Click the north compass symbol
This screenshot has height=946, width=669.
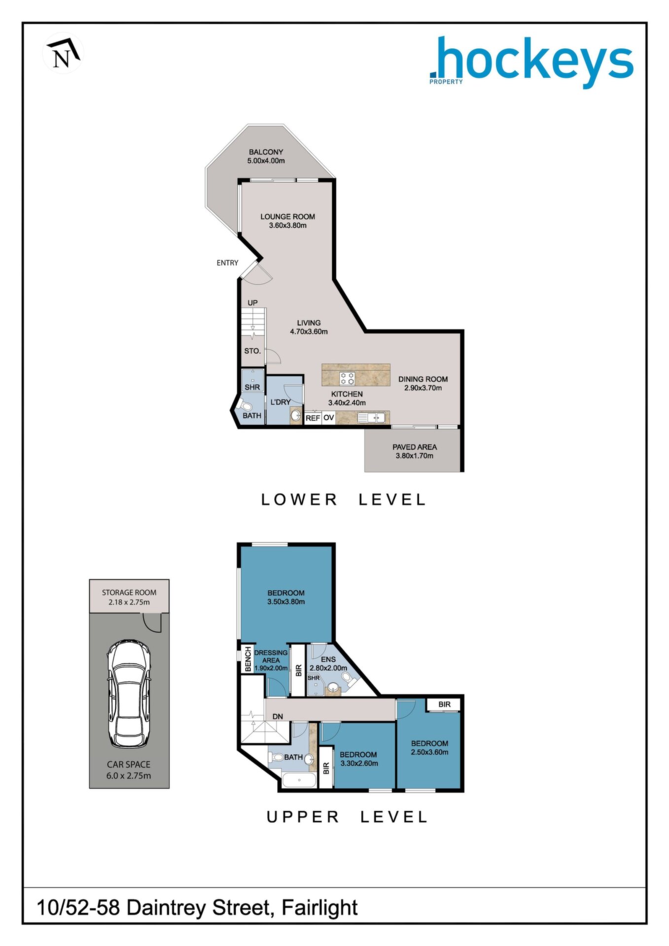pyautogui.click(x=63, y=53)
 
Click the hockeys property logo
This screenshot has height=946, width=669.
pyautogui.click(x=531, y=62)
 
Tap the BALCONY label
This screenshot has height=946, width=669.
pyautogui.click(x=266, y=152)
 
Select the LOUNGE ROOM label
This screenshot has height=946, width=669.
pyautogui.click(x=287, y=217)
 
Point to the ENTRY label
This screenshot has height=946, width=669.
pyautogui.click(x=227, y=263)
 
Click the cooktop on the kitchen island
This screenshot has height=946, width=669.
pyautogui.click(x=347, y=378)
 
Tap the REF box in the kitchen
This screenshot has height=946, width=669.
pyautogui.click(x=313, y=418)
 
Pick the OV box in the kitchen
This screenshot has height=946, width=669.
pyautogui.click(x=329, y=418)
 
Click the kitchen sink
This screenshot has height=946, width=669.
pyautogui.click(x=372, y=418)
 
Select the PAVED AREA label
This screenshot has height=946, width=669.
pyautogui.click(x=415, y=447)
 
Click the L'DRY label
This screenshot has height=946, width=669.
pyautogui.click(x=281, y=402)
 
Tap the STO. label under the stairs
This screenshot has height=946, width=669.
pyautogui.click(x=252, y=351)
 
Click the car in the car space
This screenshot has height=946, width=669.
pyautogui.click(x=129, y=695)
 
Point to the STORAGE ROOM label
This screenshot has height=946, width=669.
pyautogui.click(x=129, y=593)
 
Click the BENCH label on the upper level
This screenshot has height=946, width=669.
pyautogui.click(x=248, y=660)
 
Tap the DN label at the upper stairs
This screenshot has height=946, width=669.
pyautogui.click(x=278, y=716)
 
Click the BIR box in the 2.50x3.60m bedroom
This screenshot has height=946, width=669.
pyautogui.click(x=444, y=705)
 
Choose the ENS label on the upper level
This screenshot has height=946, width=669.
pyautogui.click(x=328, y=659)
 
